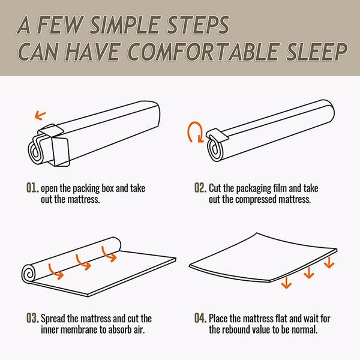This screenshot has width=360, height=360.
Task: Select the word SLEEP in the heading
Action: [316, 52]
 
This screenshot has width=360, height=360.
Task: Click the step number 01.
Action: [32, 188]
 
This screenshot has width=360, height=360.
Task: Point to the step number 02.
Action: [200, 188]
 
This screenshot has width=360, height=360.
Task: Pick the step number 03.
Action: [32, 318]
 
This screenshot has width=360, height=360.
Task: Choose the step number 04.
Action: [200, 318]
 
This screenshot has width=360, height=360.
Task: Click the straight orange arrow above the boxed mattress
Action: [40, 115]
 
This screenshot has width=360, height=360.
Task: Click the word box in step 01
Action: [107, 188]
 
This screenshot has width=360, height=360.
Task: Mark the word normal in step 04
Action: [305, 329]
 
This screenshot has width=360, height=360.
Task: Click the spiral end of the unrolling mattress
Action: [29, 273]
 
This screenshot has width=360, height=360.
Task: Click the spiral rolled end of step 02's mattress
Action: [215, 149]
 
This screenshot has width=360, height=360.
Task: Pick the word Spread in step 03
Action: [53, 319]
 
